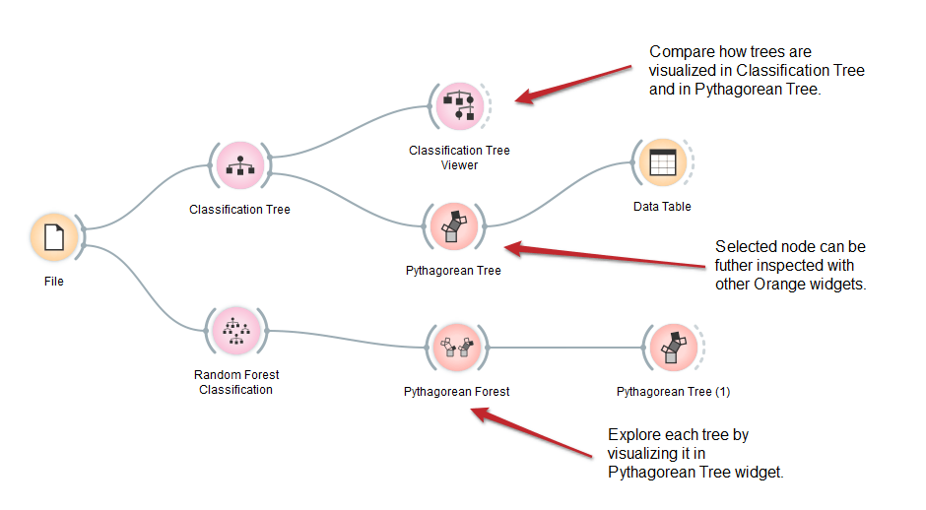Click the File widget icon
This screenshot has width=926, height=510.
point(54,237)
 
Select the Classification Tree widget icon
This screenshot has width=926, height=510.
point(239,165)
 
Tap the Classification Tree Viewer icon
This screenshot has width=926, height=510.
point(459,106)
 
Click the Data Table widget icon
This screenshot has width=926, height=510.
point(663,162)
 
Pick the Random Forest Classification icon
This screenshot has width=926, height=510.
point(236,331)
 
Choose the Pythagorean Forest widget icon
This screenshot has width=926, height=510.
point(456,348)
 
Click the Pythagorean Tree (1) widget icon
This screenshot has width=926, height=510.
point(673,348)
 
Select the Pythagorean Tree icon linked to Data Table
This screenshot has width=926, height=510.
point(453,226)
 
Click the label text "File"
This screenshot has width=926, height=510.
point(54,282)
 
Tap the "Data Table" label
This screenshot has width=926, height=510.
point(662,207)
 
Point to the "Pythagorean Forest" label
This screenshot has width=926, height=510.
point(456,391)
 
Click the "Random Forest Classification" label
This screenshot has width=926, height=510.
point(236,382)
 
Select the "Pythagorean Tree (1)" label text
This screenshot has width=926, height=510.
point(673,391)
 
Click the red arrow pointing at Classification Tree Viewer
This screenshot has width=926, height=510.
point(573,85)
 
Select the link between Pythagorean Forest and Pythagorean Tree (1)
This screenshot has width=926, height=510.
point(565,348)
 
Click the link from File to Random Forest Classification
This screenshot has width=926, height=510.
point(144,287)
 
